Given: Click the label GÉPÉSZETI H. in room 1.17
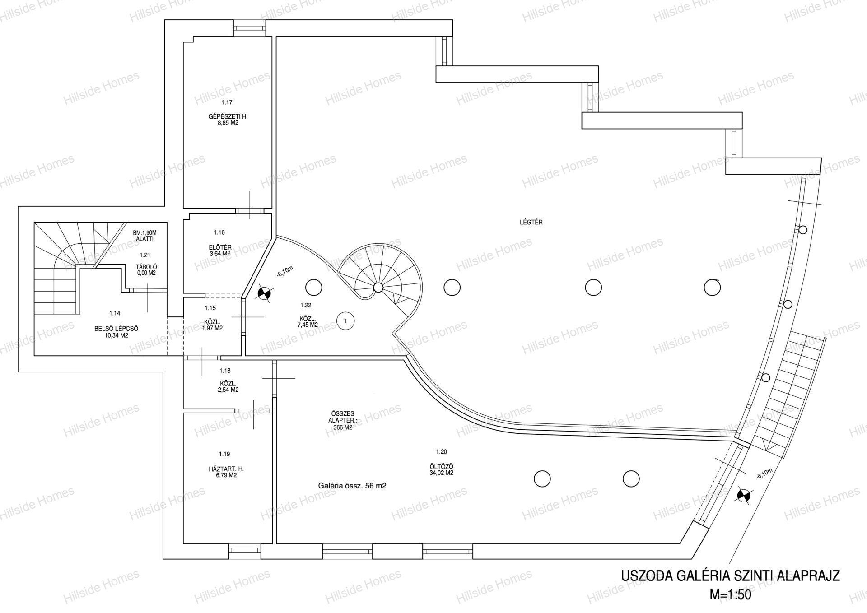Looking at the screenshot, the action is point(228,116).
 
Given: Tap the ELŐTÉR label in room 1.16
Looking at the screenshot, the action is point(220,247).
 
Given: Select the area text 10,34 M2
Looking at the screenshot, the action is point(117,335).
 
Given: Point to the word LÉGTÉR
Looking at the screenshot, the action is point(531,222).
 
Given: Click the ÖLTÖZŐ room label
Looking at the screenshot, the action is point(441,467).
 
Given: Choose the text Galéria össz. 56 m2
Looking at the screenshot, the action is point(352,486).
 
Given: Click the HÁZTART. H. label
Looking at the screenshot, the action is point(226,469).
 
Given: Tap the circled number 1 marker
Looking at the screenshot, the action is point(345,321).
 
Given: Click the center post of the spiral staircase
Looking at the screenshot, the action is point(378,287).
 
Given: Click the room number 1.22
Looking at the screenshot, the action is point(306,306).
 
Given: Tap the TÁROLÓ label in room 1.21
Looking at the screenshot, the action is point(146,267).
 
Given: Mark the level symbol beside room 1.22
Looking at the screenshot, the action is point(264,294).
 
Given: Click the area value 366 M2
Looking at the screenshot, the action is point(341,427).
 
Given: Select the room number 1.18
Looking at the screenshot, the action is point(225,371).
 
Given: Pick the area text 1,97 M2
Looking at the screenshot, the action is point(212,328).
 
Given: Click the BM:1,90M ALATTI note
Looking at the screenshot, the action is point(144,236).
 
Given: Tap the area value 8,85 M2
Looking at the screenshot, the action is point(228,122).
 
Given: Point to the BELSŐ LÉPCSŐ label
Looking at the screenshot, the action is point(117,329).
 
